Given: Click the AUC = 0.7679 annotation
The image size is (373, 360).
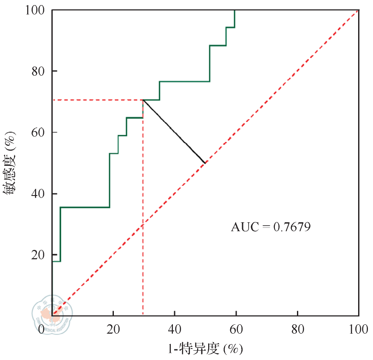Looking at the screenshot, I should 271,227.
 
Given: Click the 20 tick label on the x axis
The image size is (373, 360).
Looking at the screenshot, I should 113,329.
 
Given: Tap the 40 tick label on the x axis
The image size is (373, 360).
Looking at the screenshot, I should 175,329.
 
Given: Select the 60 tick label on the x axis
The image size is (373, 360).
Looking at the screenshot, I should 236,329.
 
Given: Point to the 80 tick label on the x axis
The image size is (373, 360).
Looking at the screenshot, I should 297,329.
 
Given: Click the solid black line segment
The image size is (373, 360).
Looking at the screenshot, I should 174,132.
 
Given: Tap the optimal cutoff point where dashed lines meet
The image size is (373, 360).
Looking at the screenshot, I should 143,100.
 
